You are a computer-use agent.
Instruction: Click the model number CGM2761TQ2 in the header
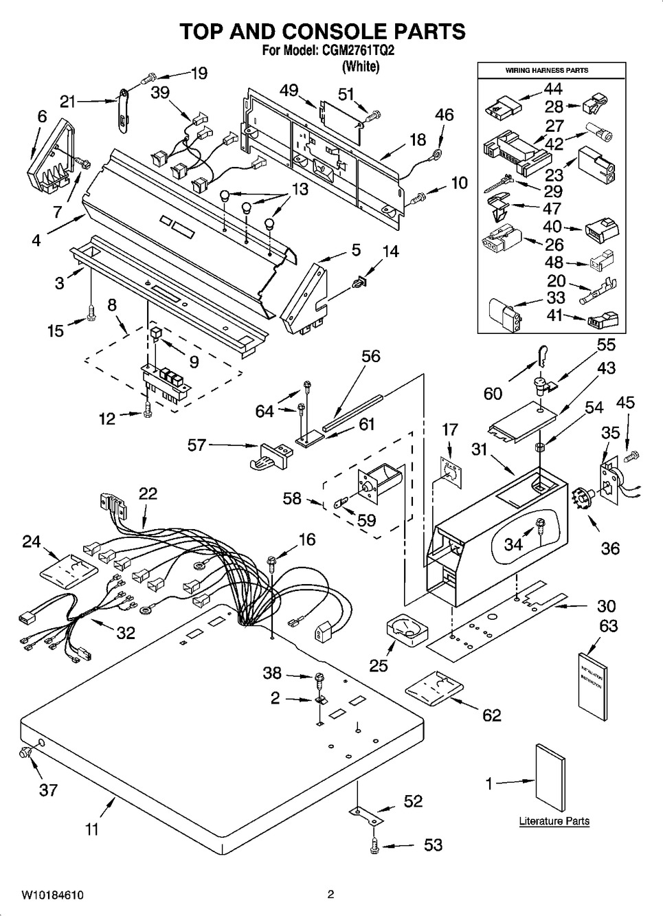359,50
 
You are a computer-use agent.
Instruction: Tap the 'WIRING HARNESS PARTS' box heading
546,70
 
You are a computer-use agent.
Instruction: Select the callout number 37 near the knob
48,790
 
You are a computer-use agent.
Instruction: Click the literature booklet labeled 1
550,780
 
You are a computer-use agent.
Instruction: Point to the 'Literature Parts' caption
554,821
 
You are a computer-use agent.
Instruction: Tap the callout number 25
379,664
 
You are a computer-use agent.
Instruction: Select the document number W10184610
53,895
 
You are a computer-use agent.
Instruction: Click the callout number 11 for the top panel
91,829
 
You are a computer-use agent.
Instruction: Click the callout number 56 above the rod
370,356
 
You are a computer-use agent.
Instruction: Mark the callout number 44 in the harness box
553,89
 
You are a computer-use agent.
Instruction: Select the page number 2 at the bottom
330,895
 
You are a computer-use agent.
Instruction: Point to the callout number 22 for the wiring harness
148,493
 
